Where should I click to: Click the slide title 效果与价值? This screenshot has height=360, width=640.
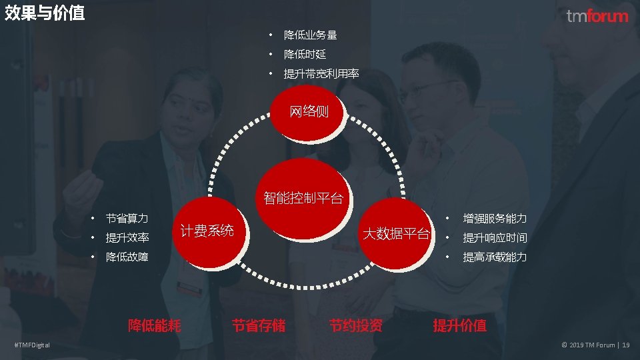click(x=45, y=13)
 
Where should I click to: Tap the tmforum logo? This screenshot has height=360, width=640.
click(x=597, y=16)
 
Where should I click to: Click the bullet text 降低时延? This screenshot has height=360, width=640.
click(x=305, y=54)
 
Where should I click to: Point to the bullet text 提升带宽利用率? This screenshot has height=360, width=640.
click(x=321, y=73)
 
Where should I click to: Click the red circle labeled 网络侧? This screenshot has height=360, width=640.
click(x=309, y=111)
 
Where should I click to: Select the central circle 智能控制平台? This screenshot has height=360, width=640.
click(x=303, y=197)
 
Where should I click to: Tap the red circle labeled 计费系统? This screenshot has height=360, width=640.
click(x=207, y=231)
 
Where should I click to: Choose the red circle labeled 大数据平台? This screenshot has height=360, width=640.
click(x=396, y=233)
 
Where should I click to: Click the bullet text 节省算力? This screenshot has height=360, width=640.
click(x=127, y=218)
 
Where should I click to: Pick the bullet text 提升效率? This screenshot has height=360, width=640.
click(x=127, y=237)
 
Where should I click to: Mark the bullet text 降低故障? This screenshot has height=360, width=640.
click(x=127, y=257)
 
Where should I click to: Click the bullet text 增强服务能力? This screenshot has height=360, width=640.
click(x=495, y=219)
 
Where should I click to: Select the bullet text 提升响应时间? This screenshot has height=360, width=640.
click(x=495, y=237)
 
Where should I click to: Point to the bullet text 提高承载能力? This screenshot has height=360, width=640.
click(x=495, y=257)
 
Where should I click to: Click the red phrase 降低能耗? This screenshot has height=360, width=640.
click(x=155, y=325)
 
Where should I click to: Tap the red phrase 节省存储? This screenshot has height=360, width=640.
click(x=259, y=325)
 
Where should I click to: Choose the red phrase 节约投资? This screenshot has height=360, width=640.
click(x=356, y=325)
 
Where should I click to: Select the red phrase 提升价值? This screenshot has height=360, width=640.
click(x=460, y=325)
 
